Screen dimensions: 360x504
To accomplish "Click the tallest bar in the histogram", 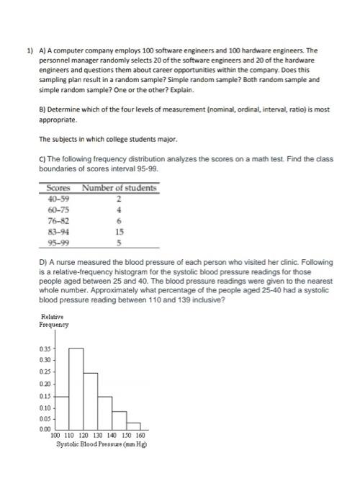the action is tap(76, 388).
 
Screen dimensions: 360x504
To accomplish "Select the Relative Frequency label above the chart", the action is tap(54, 320).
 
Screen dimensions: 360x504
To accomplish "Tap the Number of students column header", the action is tap(120, 188).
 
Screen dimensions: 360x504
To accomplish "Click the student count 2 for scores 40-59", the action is tap(120, 198).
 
